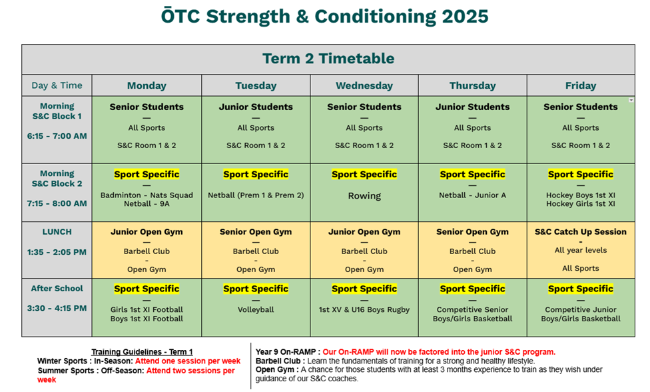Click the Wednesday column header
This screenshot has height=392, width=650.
(x=364, y=86)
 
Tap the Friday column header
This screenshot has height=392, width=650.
(x=580, y=86)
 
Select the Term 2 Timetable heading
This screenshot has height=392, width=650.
(x=328, y=59)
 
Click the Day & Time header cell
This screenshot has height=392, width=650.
(x=57, y=85)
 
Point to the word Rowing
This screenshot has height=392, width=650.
(x=364, y=196)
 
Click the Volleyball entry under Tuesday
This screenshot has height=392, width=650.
(x=256, y=309)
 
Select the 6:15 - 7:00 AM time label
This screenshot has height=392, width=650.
(x=57, y=136)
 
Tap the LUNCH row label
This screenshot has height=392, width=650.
(x=57, y=232)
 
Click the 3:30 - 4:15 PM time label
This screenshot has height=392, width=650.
(x=57, y=308)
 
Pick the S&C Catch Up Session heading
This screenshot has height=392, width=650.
(x=580, y=232)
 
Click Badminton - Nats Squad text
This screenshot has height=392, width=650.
(x=147, y=195)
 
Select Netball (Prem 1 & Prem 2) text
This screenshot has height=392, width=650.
(x=256, y=195)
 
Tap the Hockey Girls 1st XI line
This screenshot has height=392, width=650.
(x=580, y=204)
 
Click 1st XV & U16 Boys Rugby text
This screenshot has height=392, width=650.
(x=364, y=309)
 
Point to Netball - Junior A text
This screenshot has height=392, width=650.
(x=472, y=195)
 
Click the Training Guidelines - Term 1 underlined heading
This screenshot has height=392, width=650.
(x=142, y=352)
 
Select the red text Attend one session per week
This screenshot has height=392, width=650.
(x=188, y=361)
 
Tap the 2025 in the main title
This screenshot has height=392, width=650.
(x=465, y=17)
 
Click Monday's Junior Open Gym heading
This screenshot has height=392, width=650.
(x=147, y=232)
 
